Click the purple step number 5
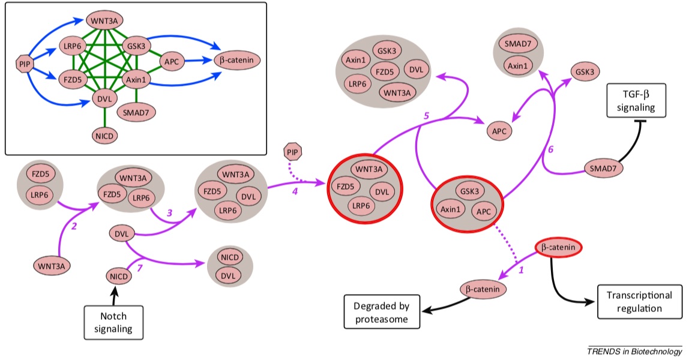tap(426, 116)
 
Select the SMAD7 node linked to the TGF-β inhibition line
tap(604, 169)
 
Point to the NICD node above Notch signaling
tap(118, 276)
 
